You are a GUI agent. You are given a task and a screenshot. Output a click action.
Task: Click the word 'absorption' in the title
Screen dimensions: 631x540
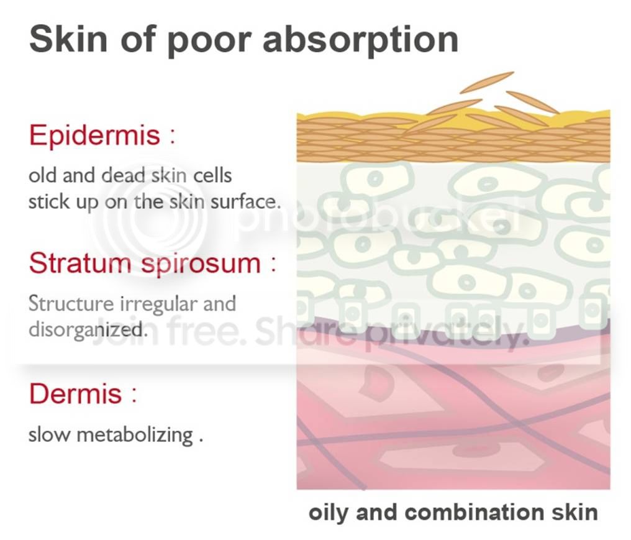361,40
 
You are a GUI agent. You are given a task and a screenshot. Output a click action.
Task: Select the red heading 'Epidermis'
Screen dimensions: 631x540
94,136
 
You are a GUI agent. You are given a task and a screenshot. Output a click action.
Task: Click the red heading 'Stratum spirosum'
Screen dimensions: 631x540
145,264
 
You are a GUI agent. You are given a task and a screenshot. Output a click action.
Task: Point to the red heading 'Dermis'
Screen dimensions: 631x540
75,393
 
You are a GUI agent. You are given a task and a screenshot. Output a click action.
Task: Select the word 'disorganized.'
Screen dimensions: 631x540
86,330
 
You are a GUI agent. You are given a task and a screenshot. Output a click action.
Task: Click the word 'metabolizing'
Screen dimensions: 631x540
135,436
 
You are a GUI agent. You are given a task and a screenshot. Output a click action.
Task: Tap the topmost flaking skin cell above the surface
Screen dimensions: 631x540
487,82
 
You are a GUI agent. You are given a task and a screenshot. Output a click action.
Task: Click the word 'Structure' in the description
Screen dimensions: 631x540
71,304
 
